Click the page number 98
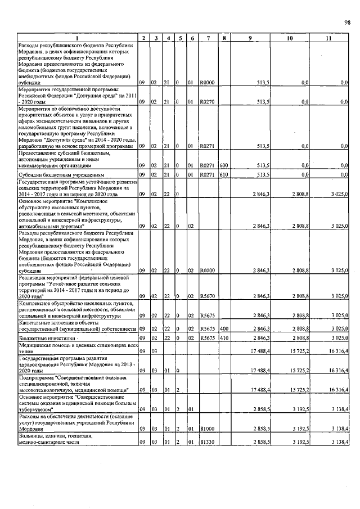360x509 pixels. [x=347, y=22]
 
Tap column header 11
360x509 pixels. [x=328, y=38]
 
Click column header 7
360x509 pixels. [x=208, y=38]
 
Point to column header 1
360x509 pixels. [x=78, y=38]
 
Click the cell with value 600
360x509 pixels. [x=223, y=165]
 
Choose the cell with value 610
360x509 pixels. [x=223, y=175]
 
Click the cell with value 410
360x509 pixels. [x=223, y=338]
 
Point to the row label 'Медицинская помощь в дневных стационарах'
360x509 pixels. [x=78, y=348]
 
